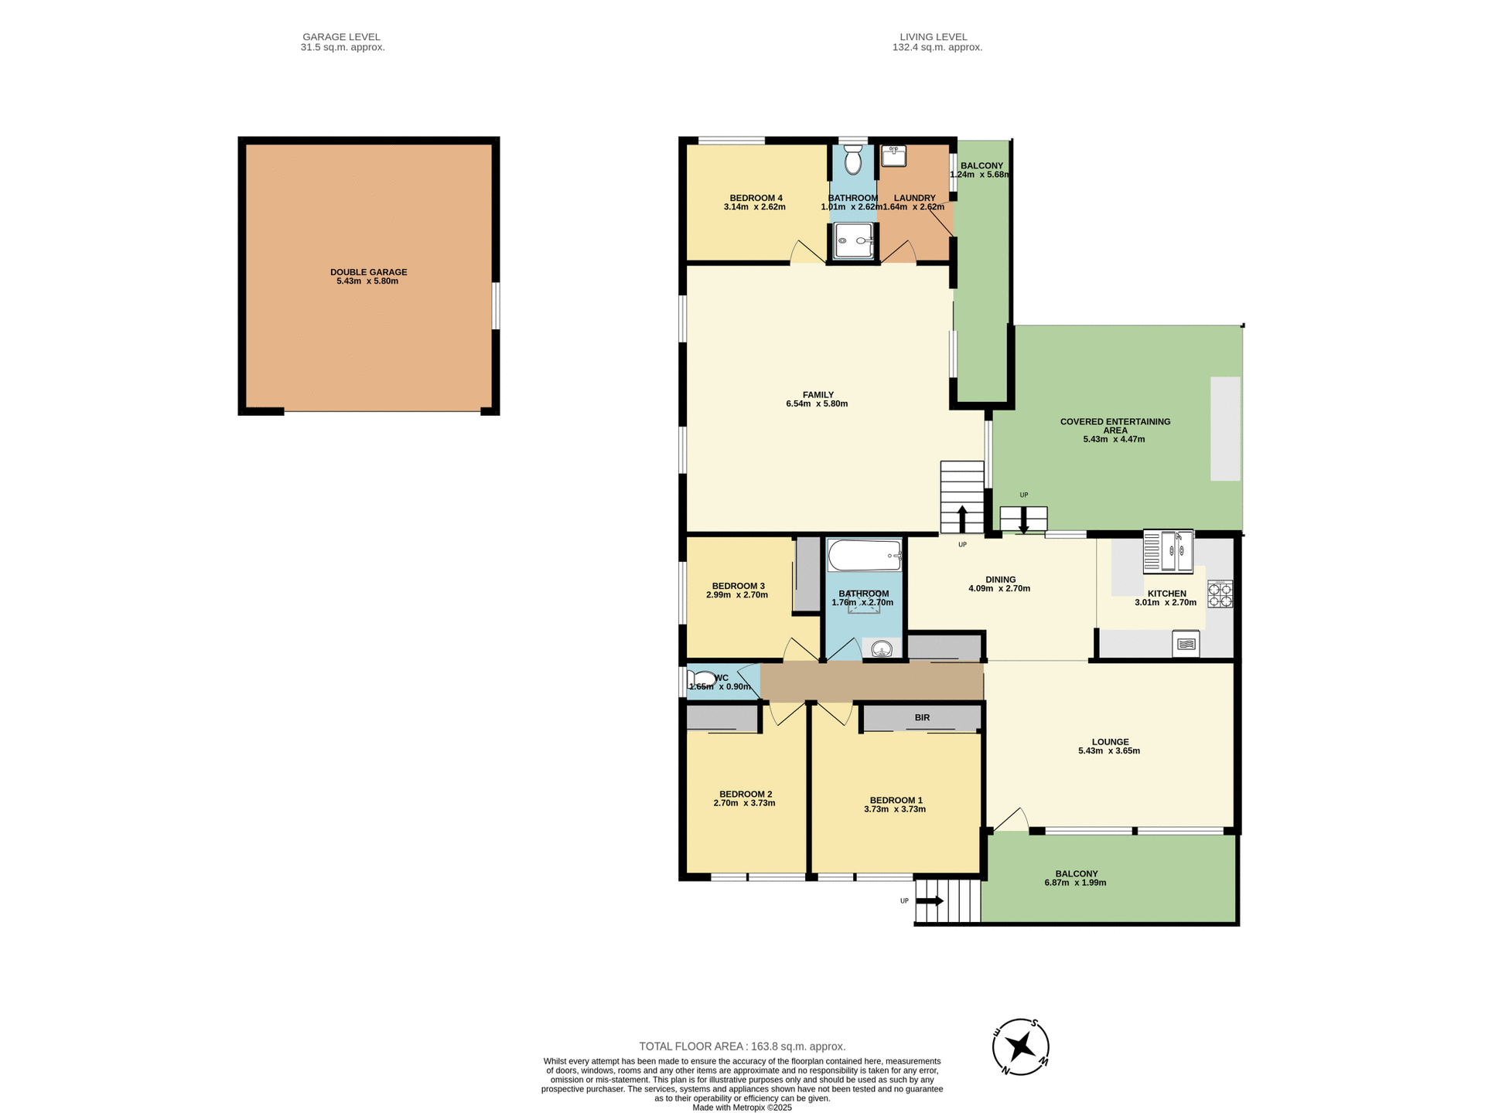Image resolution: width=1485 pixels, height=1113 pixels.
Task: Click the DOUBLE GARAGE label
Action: tap(368, 272)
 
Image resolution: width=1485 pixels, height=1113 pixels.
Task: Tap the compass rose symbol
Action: tap(1021, 1047)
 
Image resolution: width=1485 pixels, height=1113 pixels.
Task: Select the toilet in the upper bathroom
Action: tap(853, 162)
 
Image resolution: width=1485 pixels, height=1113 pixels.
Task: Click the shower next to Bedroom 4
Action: tap(854, 240)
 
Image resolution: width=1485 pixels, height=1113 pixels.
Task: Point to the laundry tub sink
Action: tap(893, 155)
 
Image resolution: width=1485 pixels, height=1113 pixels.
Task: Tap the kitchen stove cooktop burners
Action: tap(1220, 594)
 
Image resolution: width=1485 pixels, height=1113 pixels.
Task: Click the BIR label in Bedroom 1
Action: tap(922, 717)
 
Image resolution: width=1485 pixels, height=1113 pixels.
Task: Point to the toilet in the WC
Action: tap(702, 679)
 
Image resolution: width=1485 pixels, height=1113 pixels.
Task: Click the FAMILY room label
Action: tap(818, 395)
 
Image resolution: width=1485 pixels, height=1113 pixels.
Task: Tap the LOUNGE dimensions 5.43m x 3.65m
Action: tap(1109, 751)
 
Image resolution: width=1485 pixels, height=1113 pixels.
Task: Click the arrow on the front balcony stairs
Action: tap(930, 900)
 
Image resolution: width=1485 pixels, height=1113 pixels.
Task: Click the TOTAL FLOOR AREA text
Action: tap(742, 1047)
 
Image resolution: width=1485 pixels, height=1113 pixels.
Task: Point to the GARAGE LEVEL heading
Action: tap(341, 37)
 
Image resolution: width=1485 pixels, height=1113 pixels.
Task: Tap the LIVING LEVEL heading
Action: tap(933, 37)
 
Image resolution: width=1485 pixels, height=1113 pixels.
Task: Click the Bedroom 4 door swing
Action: tap(806, 252)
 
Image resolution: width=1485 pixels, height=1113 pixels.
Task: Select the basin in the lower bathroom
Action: tap(881, 648)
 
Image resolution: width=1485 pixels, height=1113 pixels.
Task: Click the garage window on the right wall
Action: tap(496, 306)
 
